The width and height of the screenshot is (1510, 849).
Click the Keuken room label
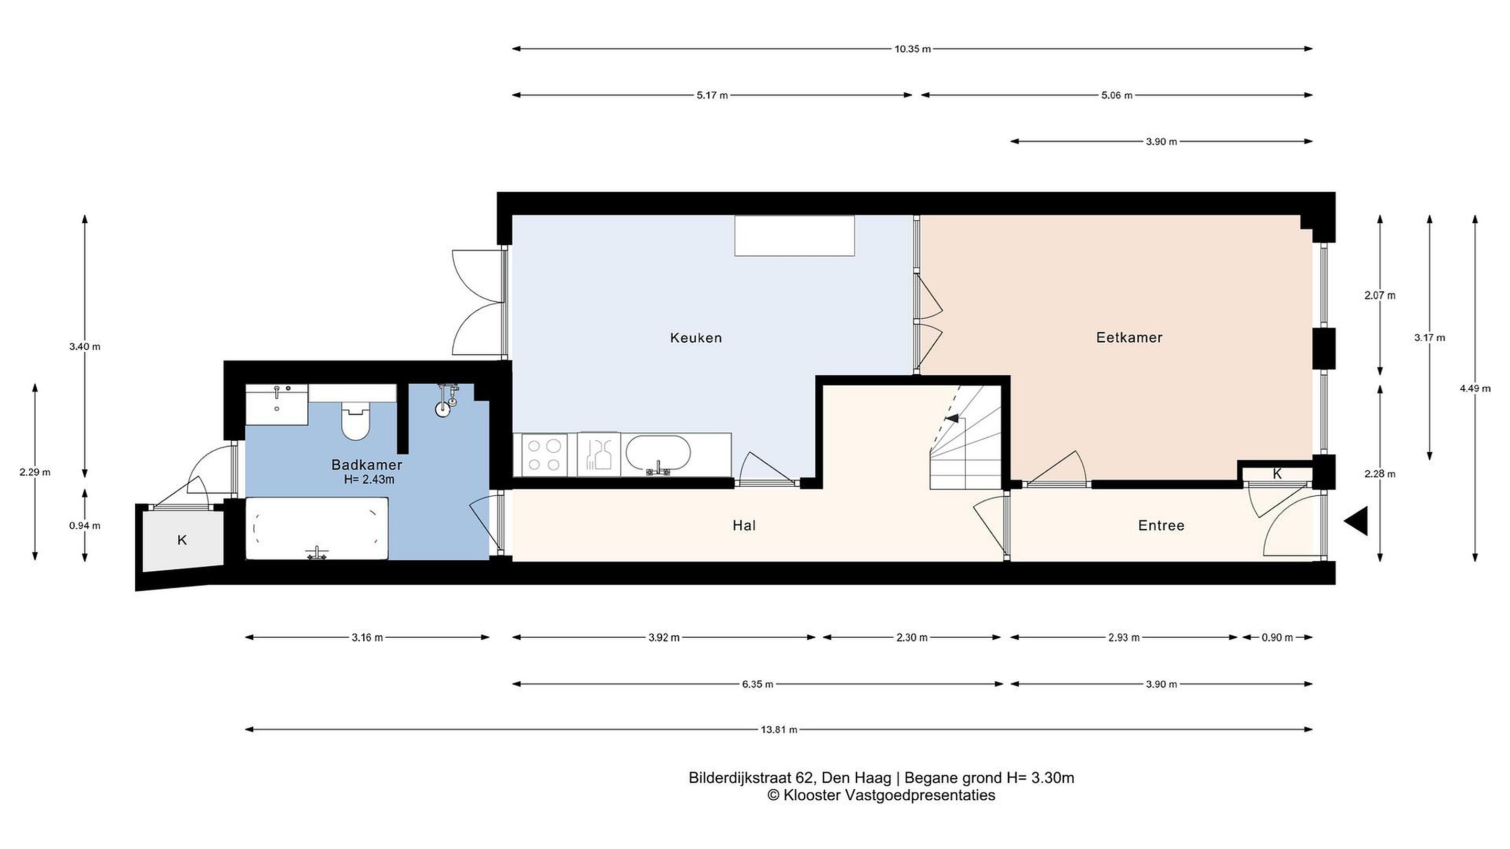[x=696, y=338]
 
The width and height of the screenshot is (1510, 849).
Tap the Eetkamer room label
[x=1129, y=338]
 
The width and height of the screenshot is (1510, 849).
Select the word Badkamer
[x=366, y=465]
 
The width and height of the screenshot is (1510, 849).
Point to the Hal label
[x=744, y=526]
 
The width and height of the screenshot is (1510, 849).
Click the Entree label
[x=1161, y=526]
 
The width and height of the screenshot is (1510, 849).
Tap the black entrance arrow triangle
[x=1356, y=521]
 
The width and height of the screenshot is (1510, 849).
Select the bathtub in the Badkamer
[x=317, y=528]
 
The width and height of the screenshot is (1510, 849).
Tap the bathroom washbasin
[x=277, y=404]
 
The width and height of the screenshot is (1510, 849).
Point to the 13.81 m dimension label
[x=779, y=730]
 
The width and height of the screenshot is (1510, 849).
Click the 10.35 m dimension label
[x=912, y=49]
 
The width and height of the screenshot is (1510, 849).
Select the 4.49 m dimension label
[x=1475, y=388]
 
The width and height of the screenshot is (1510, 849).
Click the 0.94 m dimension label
[x=84, y=526]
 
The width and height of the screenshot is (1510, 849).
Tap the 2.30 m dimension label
[x=912, y=637]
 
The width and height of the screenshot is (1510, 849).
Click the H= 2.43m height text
[x=369, y=480]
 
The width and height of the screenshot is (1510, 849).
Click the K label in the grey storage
[x=182, y=540]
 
